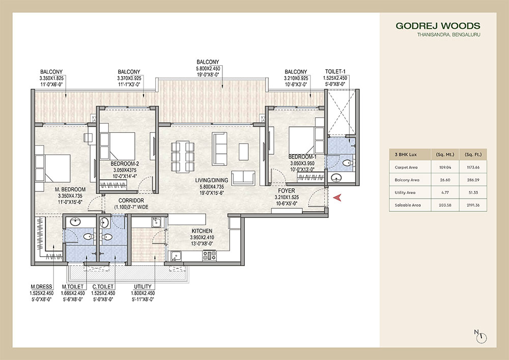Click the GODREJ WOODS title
pos(437,25)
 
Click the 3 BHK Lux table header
pos(403,153)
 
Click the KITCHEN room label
pos(202,231)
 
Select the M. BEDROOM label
pos(70,189)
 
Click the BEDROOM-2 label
pos(125,164)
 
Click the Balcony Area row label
pos(407,180)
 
